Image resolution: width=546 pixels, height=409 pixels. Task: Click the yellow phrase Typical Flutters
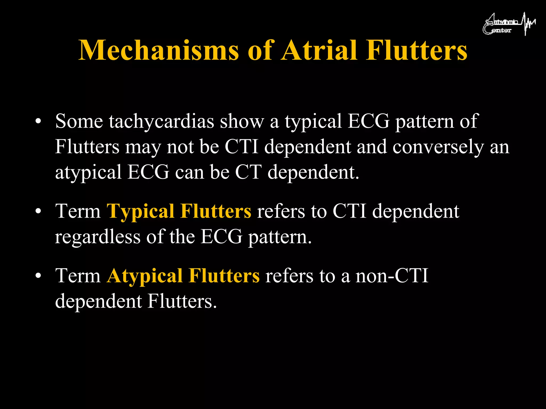pyautogui.click(x=179, y=211)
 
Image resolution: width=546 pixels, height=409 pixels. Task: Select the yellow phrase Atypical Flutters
pyautogui.click(x=183, y=276)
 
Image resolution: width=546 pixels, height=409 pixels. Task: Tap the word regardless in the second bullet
pyautogui.click(x=98, y=237)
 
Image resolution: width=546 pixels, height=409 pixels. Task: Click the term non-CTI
pyautogui.click(x=392, y=276)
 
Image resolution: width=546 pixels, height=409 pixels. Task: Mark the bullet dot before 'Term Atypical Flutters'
pyautogui.click(x=38, y=276)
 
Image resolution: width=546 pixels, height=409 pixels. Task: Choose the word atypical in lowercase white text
pyautogui.click(x=88, y=173)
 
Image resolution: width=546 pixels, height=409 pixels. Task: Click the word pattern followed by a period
pyautogui.click(x=280, y=237)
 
